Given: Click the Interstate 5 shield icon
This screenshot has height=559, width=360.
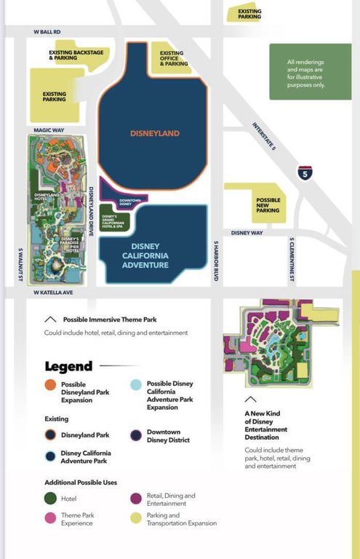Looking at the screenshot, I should [305, 173].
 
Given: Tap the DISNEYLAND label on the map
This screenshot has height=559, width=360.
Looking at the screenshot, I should [154, 133].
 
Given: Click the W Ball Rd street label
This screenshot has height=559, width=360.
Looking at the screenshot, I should [47, 32].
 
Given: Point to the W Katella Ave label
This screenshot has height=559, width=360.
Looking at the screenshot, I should [54, 293].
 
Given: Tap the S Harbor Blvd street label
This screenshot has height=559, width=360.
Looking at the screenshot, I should [216, 261].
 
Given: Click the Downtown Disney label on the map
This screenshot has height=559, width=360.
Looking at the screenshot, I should [129, 201].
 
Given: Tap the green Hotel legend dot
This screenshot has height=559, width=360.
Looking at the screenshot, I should [50, 499].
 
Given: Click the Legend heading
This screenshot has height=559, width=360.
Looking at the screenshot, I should [68, 367].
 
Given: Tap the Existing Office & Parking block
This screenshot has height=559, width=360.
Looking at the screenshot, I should [175, 58].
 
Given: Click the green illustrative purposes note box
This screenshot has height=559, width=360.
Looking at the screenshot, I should [305, 71].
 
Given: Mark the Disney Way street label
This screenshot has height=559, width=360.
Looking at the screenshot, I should [246, 233].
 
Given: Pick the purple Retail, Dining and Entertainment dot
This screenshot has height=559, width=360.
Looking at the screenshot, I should [136, 499].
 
